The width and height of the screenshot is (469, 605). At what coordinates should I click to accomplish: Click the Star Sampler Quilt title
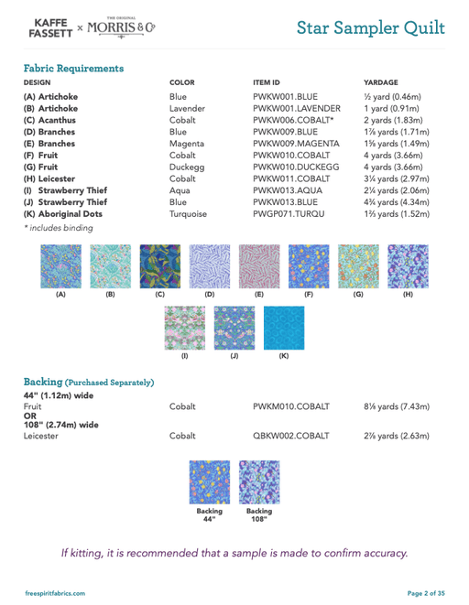[371, 27]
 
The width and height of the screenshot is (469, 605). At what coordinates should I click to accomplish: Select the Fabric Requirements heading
[73, 68]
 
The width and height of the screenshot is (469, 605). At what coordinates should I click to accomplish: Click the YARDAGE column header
[381, 82]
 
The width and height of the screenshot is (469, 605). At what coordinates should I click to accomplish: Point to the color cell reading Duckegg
[191, 167]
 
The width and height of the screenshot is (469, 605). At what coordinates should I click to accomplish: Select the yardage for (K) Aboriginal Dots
[396, 214]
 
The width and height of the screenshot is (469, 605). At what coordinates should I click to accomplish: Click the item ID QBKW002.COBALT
[291, 436]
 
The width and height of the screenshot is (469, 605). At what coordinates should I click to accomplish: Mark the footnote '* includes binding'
[58, 228]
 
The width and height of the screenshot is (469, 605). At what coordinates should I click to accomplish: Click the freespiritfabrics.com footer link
[55, 594]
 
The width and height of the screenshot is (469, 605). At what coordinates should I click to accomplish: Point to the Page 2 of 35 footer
[426, 594]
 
